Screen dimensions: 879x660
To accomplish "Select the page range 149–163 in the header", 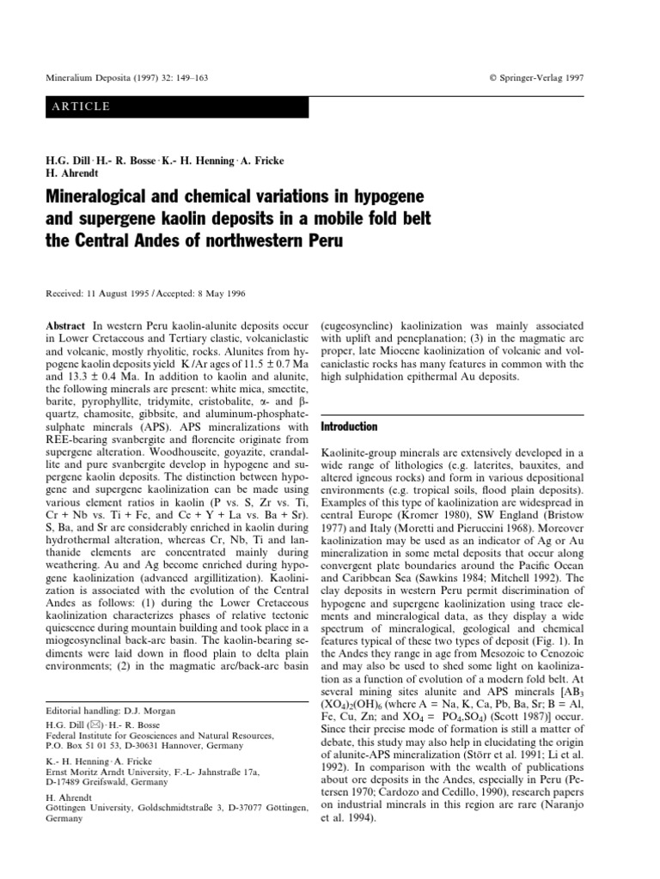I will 187,78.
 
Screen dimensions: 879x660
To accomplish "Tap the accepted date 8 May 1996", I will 216,293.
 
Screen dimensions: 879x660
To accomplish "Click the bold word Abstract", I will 64,327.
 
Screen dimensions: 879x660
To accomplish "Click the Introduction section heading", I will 348,427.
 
